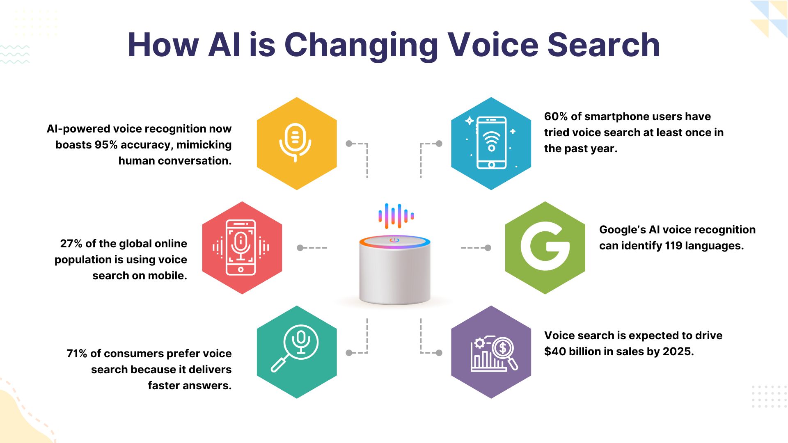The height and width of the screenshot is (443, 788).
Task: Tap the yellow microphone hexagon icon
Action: (x=296, y=144)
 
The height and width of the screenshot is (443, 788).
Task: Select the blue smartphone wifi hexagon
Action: (x=491, y=144)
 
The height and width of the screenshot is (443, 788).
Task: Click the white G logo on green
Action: (x=545, y=247)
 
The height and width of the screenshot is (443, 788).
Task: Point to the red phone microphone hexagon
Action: (x=242, y=247)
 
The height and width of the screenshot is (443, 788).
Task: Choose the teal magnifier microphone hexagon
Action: (x=296, y=352)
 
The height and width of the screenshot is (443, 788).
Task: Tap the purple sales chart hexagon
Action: (x=491, y=352)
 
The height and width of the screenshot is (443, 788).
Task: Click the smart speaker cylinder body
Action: (x=394, y=275)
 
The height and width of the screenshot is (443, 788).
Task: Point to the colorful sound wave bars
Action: (x=396, y=216)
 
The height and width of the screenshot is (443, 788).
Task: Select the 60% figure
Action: (x=556, y=116)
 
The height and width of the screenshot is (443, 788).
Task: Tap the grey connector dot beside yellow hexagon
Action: (x=349, y=144)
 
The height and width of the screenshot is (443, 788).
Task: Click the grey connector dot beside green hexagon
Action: (x=488, y=248)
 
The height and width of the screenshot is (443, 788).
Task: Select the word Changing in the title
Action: (x=361, y=45)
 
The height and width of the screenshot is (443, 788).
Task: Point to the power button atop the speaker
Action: (x=394, y=240)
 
